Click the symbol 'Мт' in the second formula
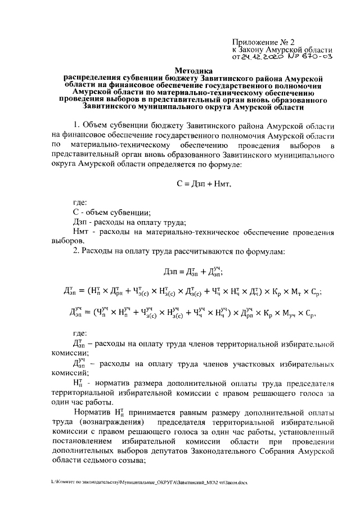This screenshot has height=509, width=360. [x=296, y=292]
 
